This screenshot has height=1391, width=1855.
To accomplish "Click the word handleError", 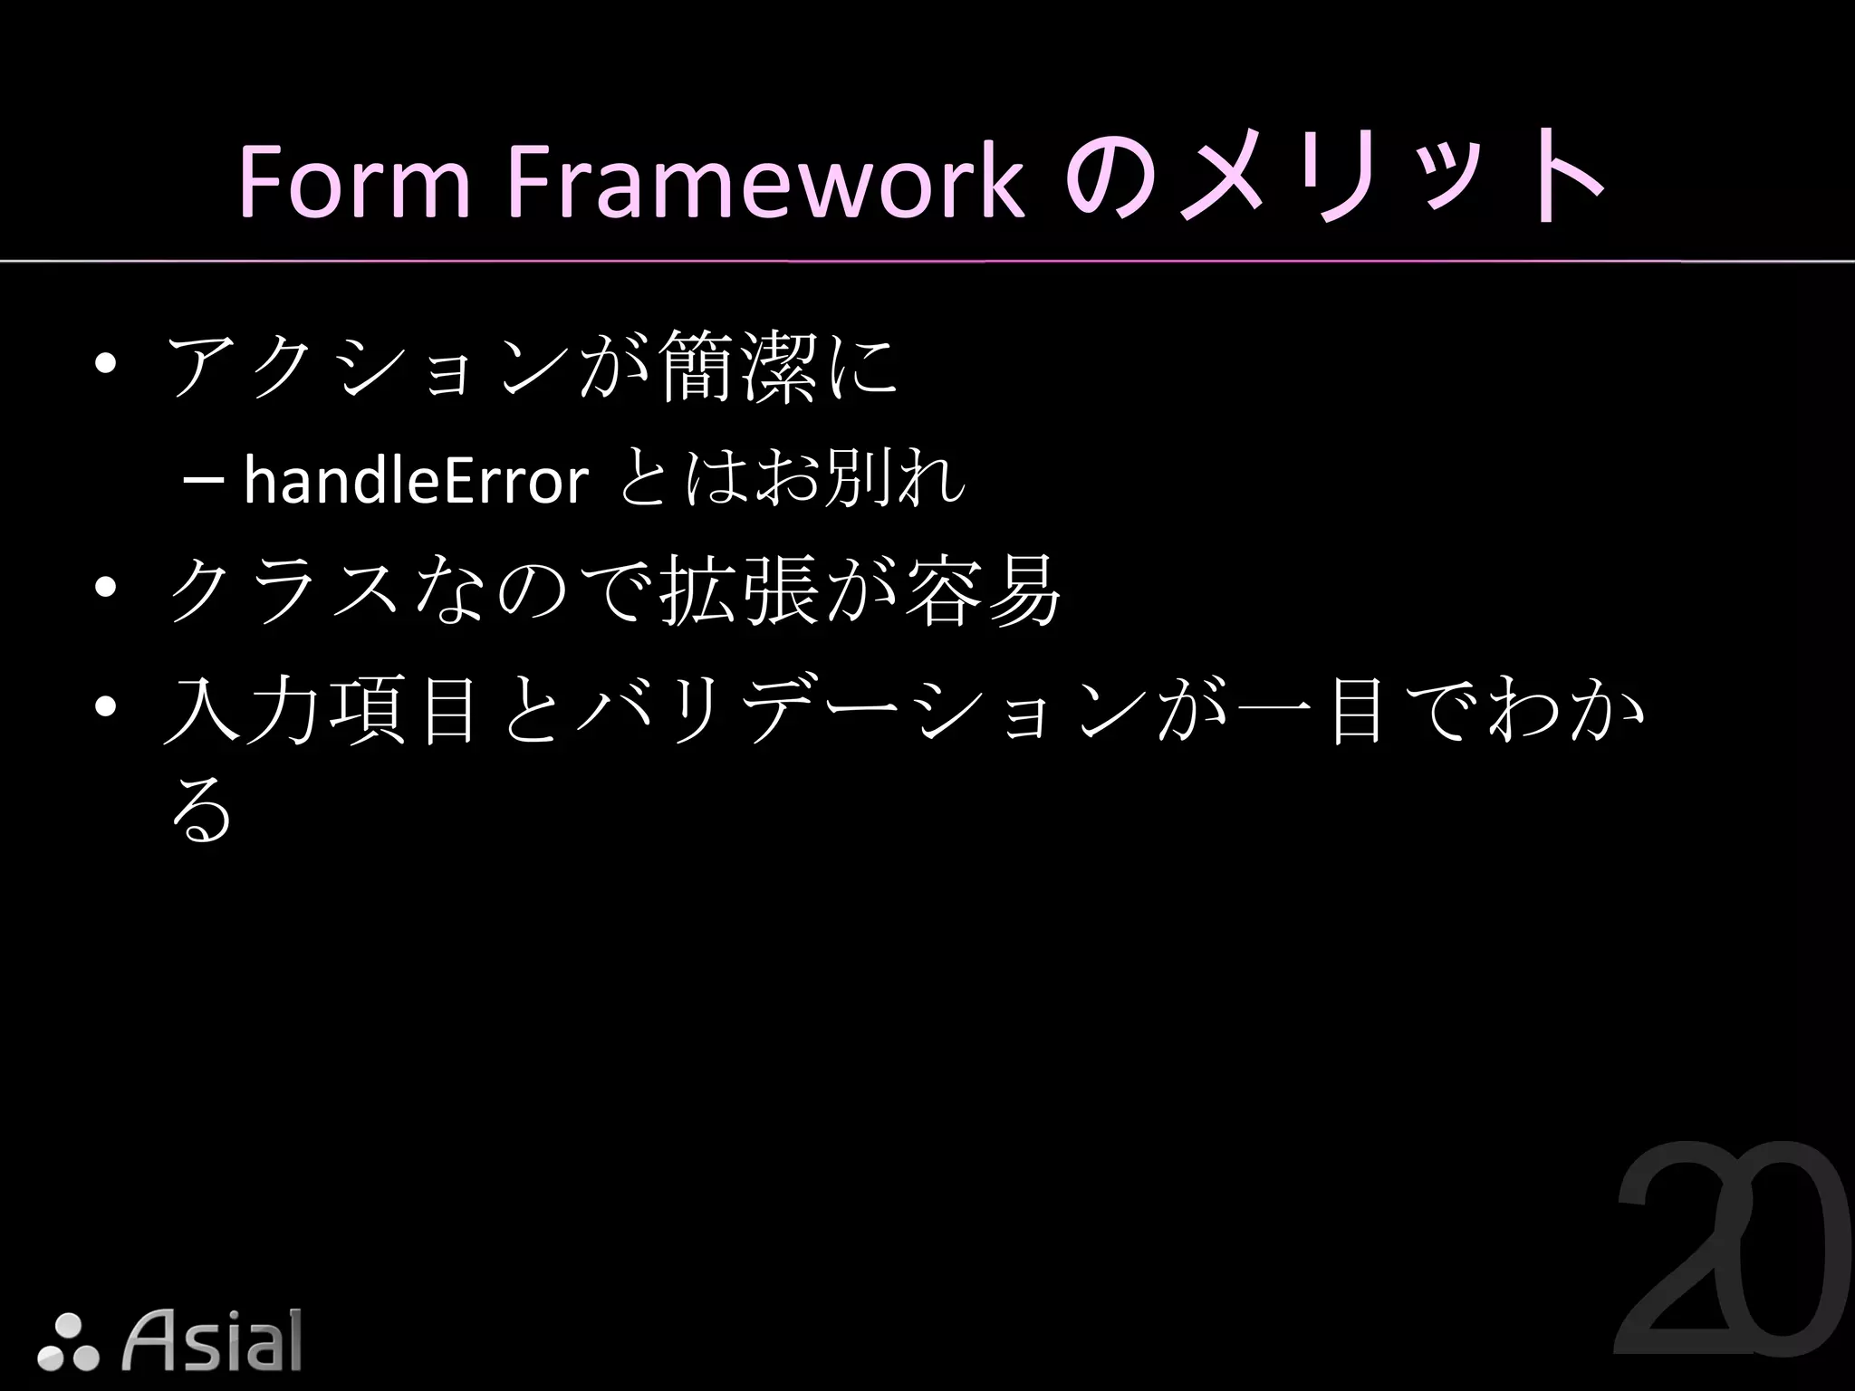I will (x=416, y=481).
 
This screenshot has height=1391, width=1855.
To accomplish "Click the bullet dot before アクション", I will (x=106, y=367).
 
